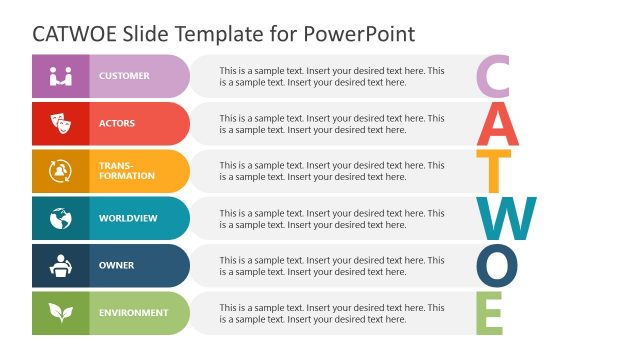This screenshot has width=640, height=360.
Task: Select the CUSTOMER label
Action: pyautogui.click(x=124, y=76)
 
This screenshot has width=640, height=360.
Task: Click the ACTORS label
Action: pyautogui.click(x=117, y=124)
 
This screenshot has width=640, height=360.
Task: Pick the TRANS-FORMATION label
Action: pyautogui.click(x=127, y=171)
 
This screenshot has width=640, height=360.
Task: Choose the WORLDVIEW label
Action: pyautogui.click(x=127, y=218)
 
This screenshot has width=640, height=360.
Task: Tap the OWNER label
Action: pyautogui.click(x=116, y=266)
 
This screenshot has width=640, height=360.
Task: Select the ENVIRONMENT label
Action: pyautogui.click(x=133, y=313)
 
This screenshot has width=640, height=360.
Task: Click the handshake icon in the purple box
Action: pyautogui.click(x=61, y=76)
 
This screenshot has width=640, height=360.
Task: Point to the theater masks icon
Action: pyautogui.click(x=61, y=124)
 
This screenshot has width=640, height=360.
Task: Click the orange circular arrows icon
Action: pyautogui.click(x=61, y=171)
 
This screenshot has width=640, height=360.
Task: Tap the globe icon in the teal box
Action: pyautogui.click(x=61, y=218)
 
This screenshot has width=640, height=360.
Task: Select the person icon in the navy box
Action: pyautogui.click(x=61, y=266)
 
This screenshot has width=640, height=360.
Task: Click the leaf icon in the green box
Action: pyautogui.click(x=61, y=313)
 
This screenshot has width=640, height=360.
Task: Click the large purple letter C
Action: pyautogui.click(x=495, y=77)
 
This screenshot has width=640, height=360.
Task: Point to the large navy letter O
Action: pyautogui.click(x=497, y=265)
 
